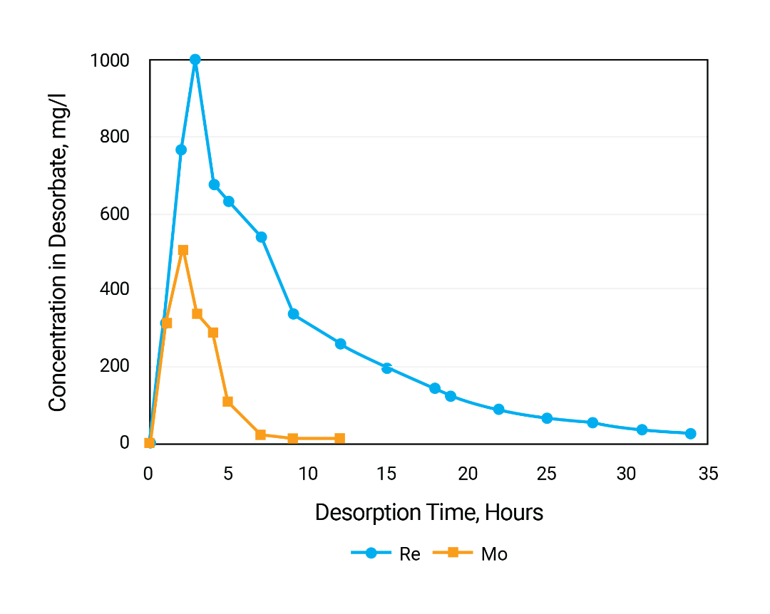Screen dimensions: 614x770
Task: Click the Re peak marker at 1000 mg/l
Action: pos(195,60)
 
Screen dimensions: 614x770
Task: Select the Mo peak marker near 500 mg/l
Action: pos(183,250)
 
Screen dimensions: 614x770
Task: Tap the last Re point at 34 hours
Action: pos(690,434)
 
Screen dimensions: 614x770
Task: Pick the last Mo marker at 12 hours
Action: pos(340,438)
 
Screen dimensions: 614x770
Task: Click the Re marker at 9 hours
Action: pos(293,314)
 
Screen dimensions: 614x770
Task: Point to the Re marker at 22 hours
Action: pos(498,410)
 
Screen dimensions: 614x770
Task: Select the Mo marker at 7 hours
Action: pos(260,435)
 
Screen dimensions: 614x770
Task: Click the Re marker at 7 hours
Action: pos(261,237)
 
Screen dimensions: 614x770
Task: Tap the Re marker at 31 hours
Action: pos(642,430)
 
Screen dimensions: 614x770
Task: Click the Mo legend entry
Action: pos(476,554)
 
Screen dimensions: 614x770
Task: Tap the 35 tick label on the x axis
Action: pos(707,474)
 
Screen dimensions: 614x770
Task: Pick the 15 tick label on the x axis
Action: pos(387,474)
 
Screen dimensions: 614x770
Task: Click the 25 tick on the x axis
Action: pos(547,474)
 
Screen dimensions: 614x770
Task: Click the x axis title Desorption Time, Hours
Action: pos(429,513)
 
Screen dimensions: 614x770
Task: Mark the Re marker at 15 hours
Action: pos(387,368)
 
